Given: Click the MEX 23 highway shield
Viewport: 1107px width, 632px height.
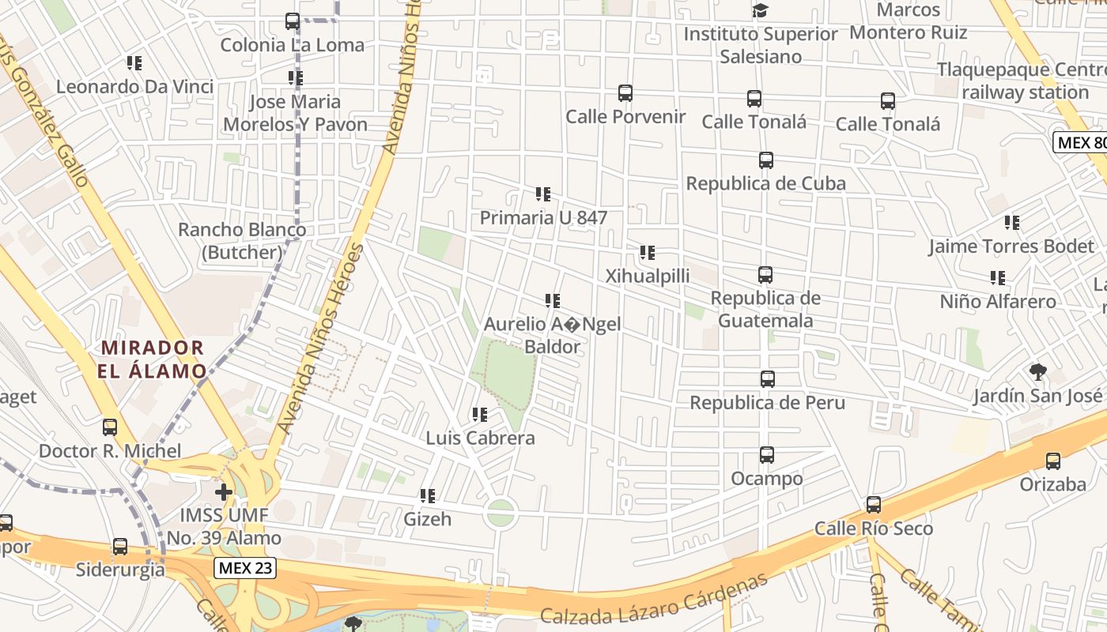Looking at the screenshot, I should point(245,568).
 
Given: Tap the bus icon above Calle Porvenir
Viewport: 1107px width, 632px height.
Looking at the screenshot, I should point(625,93).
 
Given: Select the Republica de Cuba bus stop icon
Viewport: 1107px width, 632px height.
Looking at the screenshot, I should point(765,160).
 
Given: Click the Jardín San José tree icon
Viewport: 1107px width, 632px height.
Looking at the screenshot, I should point(1037,371).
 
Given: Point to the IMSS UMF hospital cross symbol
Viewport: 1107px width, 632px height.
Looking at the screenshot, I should point(224,492).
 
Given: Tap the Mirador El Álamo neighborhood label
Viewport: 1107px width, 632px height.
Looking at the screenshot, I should point(153,359).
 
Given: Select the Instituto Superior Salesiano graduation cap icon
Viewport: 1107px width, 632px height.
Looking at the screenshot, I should point(760,10).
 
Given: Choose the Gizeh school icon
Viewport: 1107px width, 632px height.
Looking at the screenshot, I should point(428,496).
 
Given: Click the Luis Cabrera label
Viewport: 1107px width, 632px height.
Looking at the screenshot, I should point(481,438).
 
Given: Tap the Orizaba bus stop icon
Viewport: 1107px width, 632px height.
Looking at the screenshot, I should point(1052,461).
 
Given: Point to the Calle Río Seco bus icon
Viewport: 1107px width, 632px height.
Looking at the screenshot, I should point(874,504).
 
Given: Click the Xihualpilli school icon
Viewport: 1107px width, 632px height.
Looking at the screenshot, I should point(648,253).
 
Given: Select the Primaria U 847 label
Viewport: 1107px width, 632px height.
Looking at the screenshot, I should point(544,217).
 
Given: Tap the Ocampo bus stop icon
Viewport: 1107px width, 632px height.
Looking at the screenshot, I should point(766,455).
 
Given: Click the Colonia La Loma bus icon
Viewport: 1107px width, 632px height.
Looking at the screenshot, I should point(293,21).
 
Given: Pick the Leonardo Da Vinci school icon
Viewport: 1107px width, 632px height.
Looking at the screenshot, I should point(134,62).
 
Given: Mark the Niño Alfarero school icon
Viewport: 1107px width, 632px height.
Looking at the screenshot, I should point(998,278).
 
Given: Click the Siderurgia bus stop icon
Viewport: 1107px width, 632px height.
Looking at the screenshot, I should point(120,546).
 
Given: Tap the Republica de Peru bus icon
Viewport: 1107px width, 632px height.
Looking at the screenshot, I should point(767,378).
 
